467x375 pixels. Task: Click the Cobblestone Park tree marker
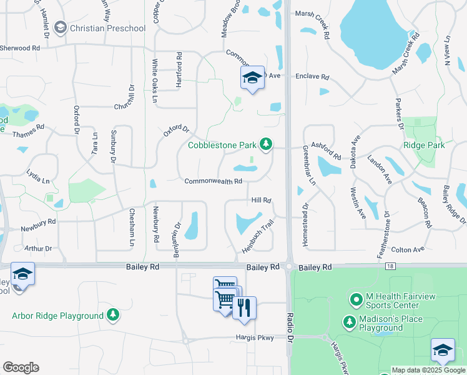267,145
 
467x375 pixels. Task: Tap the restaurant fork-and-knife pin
244,307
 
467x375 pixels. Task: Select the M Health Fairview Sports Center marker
356,300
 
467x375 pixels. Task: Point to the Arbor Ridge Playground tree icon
113,315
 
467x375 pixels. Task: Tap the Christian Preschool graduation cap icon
61,27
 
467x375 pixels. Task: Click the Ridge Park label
424,145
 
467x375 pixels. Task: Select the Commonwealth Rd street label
213,181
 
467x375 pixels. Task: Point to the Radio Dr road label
291,344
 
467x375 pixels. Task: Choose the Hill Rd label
261,200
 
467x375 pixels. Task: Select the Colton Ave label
407,249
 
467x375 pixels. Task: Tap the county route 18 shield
391,266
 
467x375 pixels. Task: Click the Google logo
21,367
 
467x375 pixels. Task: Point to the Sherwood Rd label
20,47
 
